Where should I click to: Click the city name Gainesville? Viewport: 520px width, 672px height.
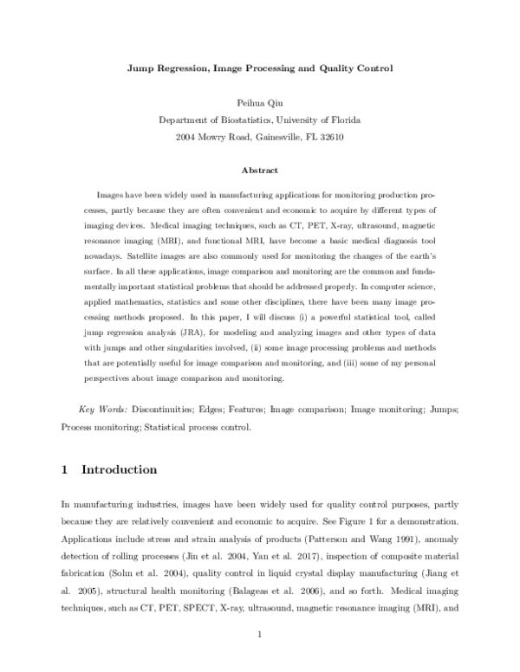click(x=270, y=136)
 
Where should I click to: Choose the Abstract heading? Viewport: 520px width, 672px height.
click(x=259, y=171)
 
